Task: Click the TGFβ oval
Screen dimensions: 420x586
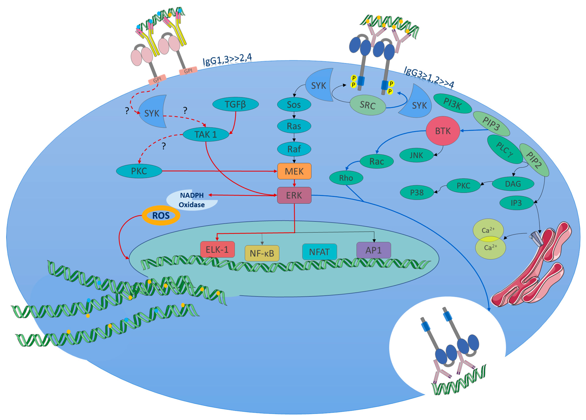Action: coord(235,104)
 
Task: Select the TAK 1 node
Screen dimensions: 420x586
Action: coord(206,134)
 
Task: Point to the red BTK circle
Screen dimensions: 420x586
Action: coord(443,131)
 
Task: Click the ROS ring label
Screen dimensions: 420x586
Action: coord(161,215)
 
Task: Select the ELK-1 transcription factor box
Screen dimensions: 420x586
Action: coord(217,250)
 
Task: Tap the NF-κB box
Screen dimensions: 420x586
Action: coord(262,253)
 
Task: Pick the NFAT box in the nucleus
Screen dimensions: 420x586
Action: coord(319,252)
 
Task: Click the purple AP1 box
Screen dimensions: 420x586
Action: coord(373,250)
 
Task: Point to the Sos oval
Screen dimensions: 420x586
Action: coord(294,105)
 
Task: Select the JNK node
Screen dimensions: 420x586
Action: coord(416,155)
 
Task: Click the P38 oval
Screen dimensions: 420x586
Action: coord(417,192)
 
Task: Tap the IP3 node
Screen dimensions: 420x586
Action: coord(516,203)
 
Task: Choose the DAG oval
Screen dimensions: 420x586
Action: coord(513,184)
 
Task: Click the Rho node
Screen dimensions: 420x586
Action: coord(346,178)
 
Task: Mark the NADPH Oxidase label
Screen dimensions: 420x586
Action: coord(192,200)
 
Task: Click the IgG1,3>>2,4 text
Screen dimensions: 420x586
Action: coord(227,59)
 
